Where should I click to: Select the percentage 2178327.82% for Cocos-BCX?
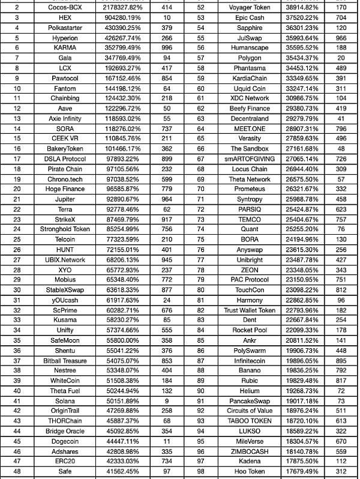pos(118,8)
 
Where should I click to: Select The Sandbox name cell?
pos(250,149)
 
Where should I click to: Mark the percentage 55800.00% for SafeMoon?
pos(118,340)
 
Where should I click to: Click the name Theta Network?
pos(250,179)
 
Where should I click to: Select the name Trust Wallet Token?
pos(250,310)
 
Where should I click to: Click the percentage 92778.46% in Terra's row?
pos(118,209)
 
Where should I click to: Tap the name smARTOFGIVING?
pos(250,158)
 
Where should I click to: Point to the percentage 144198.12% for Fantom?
pos(118,88)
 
